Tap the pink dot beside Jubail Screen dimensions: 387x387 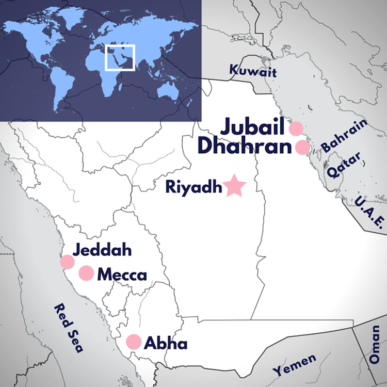296,128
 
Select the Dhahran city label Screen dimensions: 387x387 245,147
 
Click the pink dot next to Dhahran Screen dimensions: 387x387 302,148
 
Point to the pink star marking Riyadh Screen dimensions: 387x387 235,186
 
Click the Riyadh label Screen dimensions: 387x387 193,186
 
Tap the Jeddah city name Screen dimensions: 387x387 102,251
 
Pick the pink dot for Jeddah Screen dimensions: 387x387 67,262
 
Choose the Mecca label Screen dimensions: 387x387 122,275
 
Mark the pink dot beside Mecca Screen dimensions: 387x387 86,273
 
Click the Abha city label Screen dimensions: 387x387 165,343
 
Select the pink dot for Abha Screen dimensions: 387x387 134,342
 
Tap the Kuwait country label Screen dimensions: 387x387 253,70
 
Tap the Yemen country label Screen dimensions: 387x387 294,364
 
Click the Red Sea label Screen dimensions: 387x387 69,329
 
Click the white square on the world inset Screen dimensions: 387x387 120,57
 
